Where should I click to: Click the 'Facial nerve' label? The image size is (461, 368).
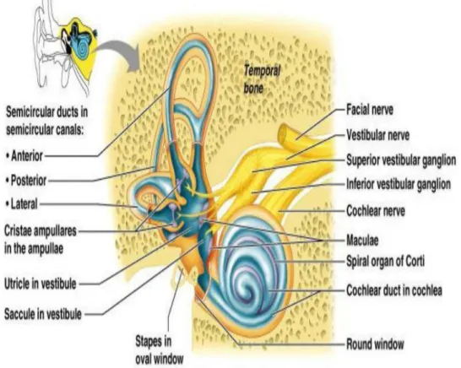[x=370, y=110]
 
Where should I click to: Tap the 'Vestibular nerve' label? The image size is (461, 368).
[x=377, y=135]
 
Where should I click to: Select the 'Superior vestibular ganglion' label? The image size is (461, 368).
[x=401, y=160]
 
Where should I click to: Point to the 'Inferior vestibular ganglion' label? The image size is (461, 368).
[x=399, y=184]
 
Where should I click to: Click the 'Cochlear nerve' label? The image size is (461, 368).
[x=376, y=211]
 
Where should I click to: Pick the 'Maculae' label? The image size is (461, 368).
[x=362, y=241]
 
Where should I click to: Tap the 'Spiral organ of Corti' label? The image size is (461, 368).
[x=385, y=261]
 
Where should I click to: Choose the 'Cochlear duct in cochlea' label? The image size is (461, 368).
[x=394, y=290]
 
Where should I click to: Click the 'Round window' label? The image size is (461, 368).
[x=375, y=344]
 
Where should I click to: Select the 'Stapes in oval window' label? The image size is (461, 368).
[x=159, y=350]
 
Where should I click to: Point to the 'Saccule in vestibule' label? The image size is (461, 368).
[x=42, y=314]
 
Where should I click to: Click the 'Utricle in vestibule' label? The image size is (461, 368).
[x=41, y=284]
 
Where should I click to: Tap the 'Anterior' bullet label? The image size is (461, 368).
[x=24, y=156]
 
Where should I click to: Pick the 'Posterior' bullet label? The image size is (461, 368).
[x=26, y=180]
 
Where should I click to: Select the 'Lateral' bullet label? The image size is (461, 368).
[x=22, y=203]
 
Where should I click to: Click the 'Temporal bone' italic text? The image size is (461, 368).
[x=262, y=79]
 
